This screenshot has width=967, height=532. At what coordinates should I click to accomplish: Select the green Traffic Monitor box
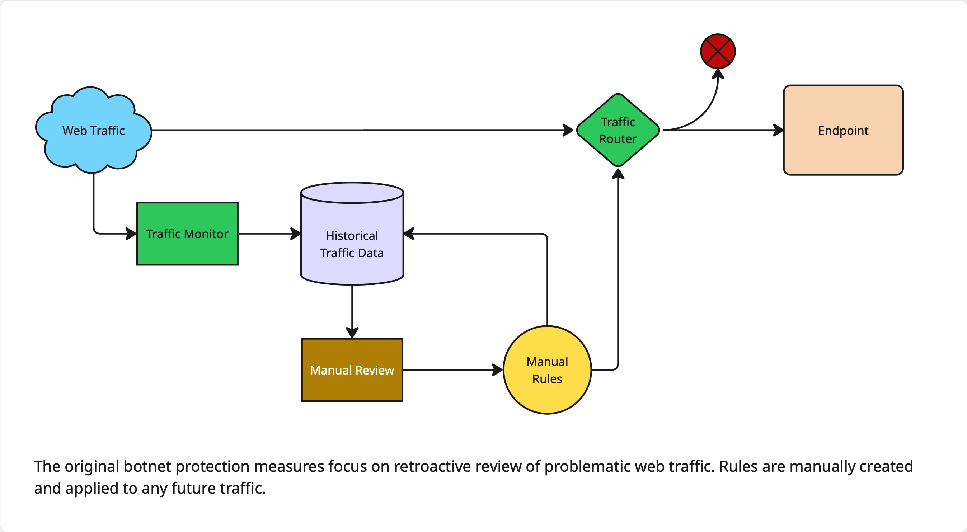(x=187, y=234)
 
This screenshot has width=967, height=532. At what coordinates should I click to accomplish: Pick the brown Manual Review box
(x=352, y=370)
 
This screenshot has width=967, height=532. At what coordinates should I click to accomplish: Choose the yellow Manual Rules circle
(x=547, y=370)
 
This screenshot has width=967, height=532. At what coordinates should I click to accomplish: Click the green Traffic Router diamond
(x=618, y=130)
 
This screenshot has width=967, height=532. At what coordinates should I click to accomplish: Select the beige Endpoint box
(x=843, y=130)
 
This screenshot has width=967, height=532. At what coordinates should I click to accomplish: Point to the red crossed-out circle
(x=718, y=51)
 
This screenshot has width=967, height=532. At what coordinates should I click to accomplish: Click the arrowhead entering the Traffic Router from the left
(x=568, y=130)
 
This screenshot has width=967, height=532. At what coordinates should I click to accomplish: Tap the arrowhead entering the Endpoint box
(x=779, y=130)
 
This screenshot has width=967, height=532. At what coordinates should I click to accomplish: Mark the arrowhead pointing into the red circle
(x=718, y=74)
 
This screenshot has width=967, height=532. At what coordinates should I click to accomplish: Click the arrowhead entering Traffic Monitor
(x=131, y=234)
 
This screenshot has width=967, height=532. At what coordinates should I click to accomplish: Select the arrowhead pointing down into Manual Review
(x=352, y=333)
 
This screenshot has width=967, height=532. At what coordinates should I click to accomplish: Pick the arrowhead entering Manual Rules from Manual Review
(x=498, y=370)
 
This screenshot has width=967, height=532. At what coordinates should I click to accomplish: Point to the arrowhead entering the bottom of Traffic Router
(x=618, y=174)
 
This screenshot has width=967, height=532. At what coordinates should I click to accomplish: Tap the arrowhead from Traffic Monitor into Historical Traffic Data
(x=296, y=234)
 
